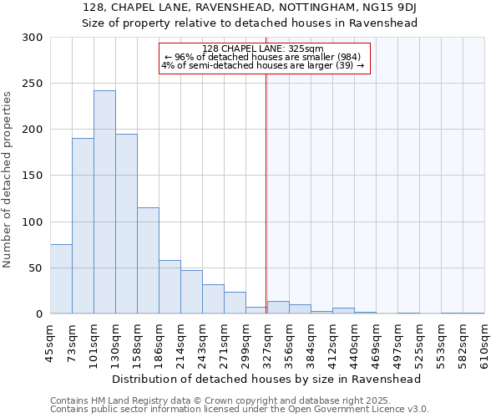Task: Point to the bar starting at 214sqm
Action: coord(191,292)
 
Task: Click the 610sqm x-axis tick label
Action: coord(485,343)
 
